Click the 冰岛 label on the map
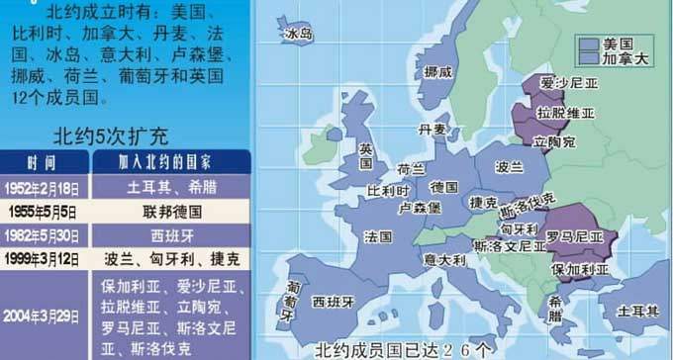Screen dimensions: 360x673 pos(299,34)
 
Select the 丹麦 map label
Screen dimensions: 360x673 pos(433,129)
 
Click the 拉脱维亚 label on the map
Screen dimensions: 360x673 pos(565,113)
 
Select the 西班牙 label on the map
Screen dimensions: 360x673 pos(333,301)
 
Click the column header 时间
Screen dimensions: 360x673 pos(43,162)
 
